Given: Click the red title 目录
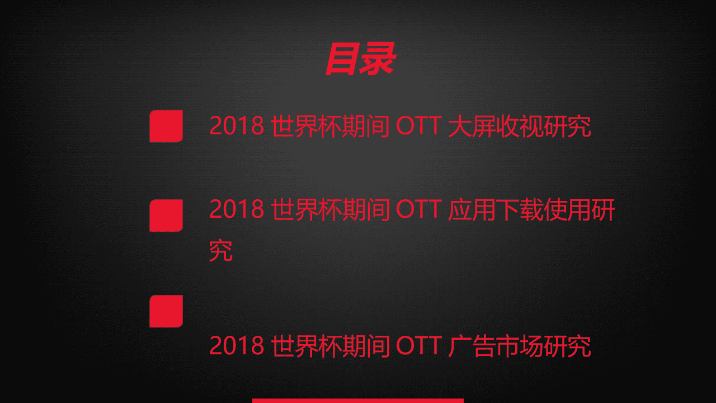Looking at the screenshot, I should point(360,59).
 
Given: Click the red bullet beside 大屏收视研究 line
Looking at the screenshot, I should point(166,126).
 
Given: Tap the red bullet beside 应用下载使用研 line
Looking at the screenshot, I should point(166,215).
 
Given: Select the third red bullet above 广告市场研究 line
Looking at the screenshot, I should point(166,311).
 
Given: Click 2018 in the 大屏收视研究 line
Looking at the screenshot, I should point(237,126).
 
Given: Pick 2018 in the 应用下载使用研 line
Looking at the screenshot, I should point(237,210).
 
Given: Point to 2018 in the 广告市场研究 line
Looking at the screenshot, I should point(237,346).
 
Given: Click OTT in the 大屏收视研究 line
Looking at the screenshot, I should point(419,126).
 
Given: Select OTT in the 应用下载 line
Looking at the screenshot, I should point(419,210).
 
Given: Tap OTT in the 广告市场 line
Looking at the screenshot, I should point(419,346).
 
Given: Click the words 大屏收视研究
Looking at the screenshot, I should point(520,126).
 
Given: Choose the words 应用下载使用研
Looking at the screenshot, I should point(531,210).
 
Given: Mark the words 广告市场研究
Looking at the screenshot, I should point(520,346).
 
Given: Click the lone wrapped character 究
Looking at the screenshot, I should point(221,251).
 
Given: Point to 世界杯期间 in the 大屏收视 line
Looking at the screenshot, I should point(331,126).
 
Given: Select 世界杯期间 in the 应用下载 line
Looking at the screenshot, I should point(331,210).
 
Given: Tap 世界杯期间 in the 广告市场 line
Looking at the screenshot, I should point(331,346).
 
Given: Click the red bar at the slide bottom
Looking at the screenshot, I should point(358,400).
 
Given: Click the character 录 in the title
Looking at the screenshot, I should point(378,59).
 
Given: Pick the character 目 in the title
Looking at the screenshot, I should point(341,59).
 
